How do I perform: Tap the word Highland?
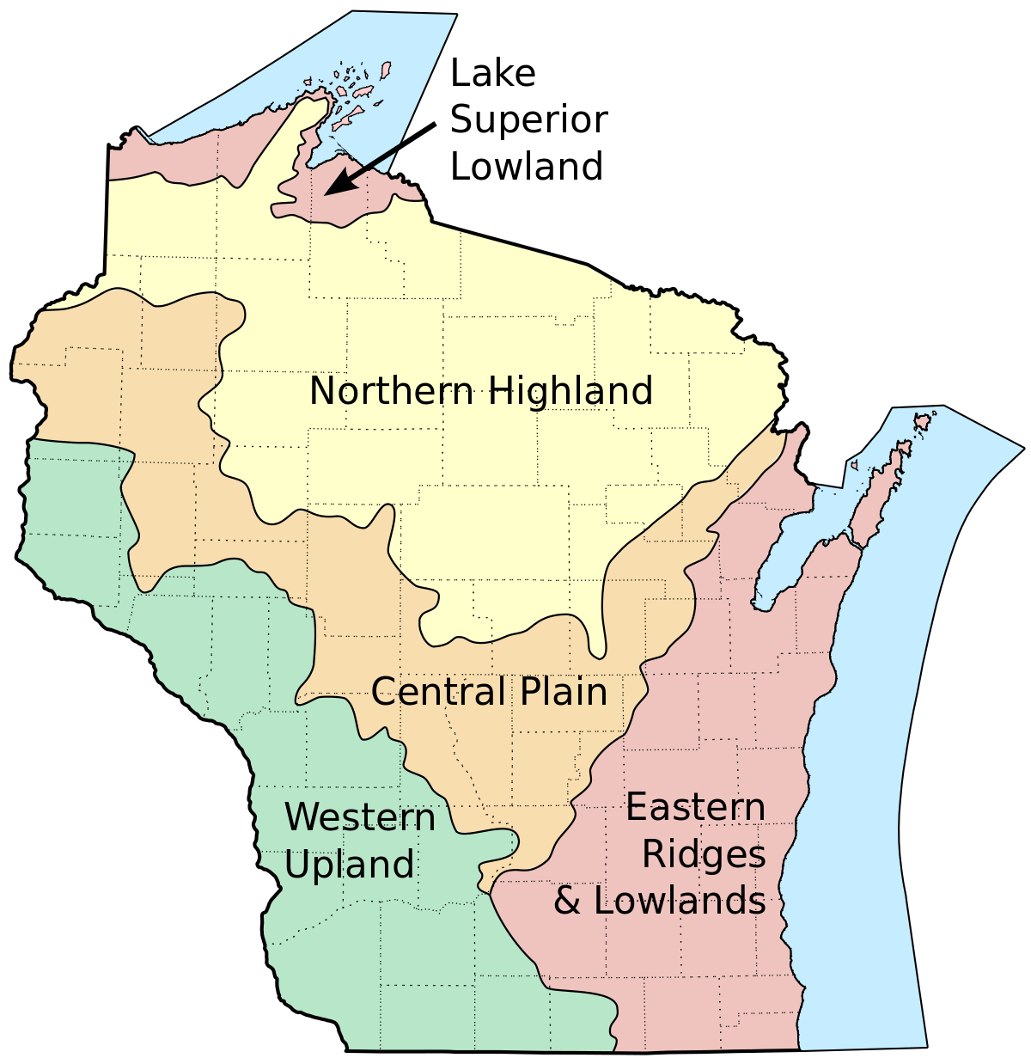(570, 391)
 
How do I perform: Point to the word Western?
(360, 816)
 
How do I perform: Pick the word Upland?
(349, 864)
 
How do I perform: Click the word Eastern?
(695, 808)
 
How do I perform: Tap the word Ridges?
(704, 854)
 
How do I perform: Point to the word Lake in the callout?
(492, 74)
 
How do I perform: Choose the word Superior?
(528, 120)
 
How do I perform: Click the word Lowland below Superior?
(526, 167)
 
